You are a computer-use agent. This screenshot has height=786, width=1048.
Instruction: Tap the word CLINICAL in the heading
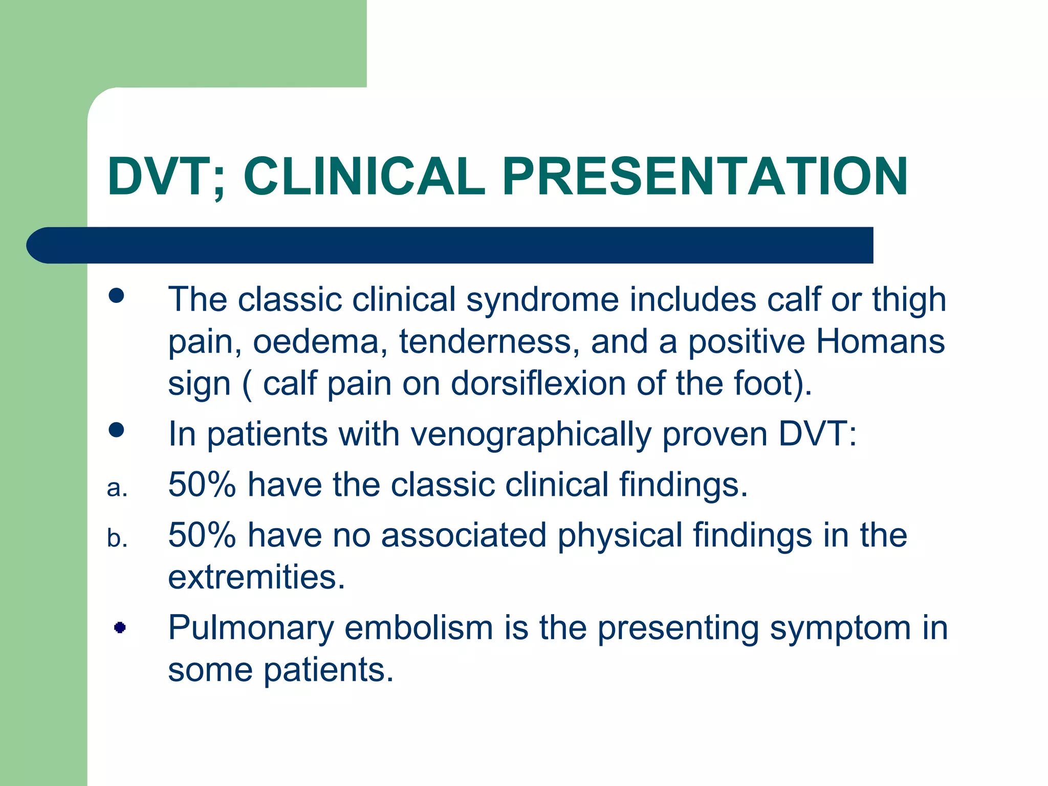[364, 177]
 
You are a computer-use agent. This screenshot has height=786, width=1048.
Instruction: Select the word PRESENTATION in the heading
[705, 177]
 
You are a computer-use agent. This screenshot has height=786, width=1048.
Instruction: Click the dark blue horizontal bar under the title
[450, 245]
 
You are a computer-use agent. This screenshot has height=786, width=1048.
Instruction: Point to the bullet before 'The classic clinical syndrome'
[117, 295]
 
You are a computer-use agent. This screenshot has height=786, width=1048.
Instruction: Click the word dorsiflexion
[538, 384]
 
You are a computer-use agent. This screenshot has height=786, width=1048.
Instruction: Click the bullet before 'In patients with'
[117, 430]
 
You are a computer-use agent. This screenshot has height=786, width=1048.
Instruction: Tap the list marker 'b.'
[117, 538]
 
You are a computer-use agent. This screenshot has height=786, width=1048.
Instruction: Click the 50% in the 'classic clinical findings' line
[202, 485]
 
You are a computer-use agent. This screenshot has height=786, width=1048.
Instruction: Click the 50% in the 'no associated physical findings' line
[202, 535]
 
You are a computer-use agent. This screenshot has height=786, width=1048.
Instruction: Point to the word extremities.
[256, 578]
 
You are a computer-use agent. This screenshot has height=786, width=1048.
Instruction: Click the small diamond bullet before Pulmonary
[120, 627]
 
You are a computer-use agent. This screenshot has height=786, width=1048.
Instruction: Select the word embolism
[418, 628]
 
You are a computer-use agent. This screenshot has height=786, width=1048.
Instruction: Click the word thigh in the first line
[909, 300]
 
